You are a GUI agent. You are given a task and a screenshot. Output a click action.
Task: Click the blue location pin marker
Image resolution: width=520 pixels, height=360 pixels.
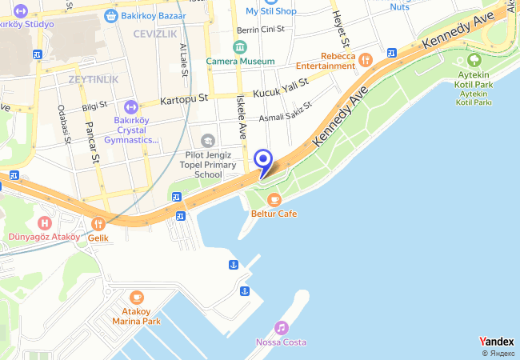coord(263,160)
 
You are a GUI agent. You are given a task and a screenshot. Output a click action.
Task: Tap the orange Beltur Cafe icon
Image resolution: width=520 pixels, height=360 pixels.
coord(274,199)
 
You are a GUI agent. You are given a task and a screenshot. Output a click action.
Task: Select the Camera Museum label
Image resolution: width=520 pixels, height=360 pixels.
coord(240,61)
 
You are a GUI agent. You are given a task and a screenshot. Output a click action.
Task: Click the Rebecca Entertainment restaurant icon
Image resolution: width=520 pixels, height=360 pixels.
coord(366,59)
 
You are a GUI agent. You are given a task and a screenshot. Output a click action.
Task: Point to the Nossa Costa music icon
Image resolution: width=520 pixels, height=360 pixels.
coord(281,328)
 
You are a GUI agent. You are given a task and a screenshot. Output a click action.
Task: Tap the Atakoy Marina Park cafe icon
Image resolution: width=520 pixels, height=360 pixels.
coord(136,298)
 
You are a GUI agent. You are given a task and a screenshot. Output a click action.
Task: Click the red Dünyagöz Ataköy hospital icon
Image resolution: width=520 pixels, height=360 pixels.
coord(44,222)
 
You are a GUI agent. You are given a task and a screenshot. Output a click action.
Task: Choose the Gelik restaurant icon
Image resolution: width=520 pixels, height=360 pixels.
coord(98,224)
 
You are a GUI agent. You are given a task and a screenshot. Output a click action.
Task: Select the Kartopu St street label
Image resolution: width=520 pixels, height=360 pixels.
coord(184,100)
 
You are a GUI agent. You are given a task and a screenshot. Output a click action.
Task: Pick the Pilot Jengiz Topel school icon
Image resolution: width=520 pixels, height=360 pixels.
coord(208,141)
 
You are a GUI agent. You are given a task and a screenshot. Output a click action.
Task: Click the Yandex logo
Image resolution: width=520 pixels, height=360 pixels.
coord(496,342)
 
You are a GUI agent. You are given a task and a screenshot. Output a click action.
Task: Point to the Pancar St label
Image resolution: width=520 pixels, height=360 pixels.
coord(93,142)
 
